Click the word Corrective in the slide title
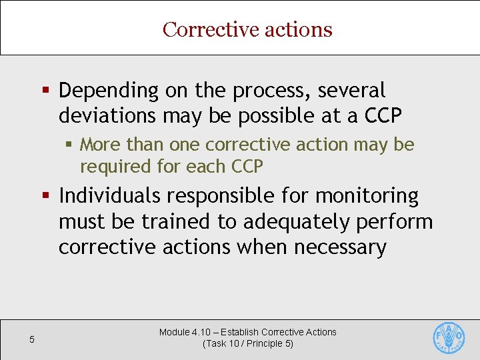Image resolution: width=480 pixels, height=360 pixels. coord(202,29)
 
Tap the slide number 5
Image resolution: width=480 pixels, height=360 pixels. coord(32,340)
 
